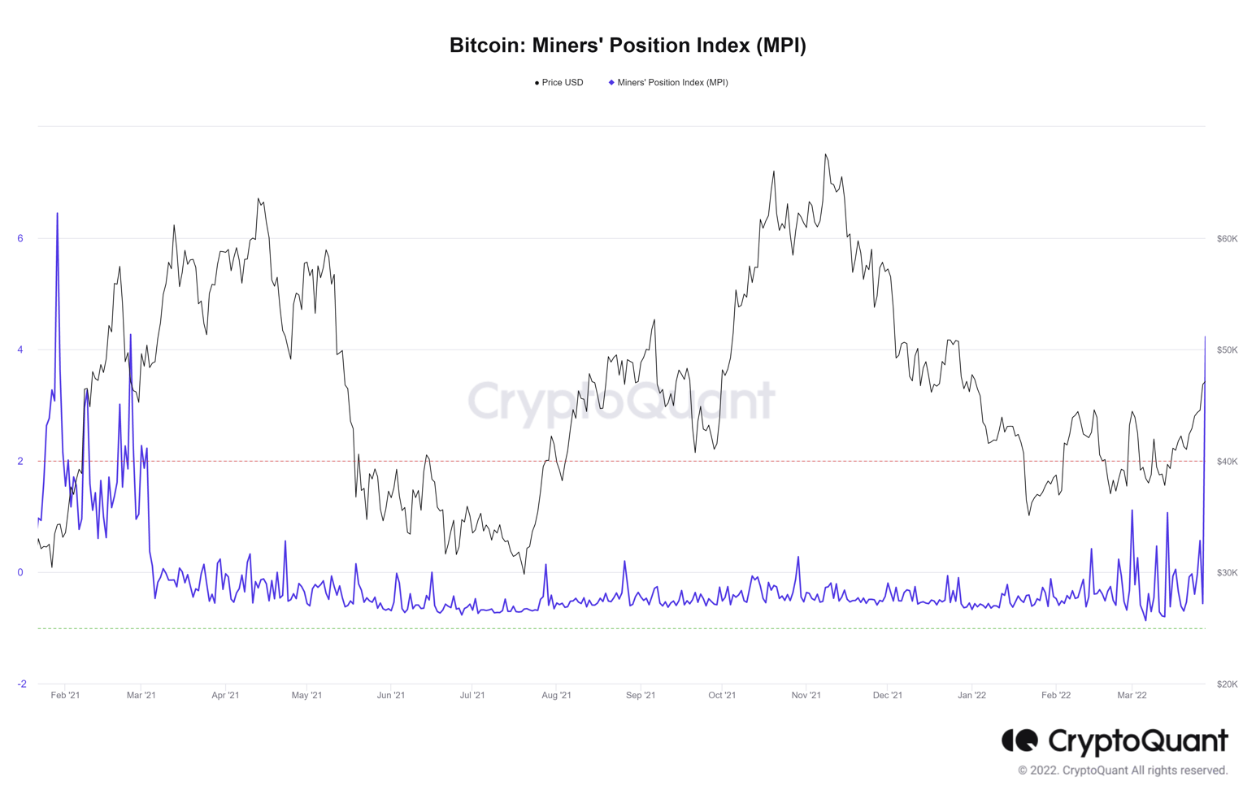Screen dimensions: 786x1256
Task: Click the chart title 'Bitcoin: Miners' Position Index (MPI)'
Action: pos(628,46)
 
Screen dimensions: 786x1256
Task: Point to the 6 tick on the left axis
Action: pos(20,238)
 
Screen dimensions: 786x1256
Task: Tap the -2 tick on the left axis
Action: pos(22,684)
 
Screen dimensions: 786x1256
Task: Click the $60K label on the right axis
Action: pos(1227,239)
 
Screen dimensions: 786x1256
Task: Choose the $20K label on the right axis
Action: pos(1227,684)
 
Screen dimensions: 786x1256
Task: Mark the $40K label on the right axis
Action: pos(1227,462)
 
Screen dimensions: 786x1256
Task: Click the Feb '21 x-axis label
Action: pos(65,695)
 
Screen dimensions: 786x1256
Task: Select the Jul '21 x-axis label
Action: pos(472,695)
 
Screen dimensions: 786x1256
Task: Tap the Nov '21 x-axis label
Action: pos(806,695)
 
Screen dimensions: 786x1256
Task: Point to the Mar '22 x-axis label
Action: pos(1132,695)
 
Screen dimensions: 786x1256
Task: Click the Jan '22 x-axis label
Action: pos(971,695)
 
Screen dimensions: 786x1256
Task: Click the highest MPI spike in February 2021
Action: pos(57,214)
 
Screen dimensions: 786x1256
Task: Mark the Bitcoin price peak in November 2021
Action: pos(825,154)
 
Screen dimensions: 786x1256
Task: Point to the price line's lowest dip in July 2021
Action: pos(524,573)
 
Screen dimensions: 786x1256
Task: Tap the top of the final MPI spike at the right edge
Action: pos(1205,337)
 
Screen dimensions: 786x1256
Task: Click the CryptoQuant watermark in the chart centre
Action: pos(621,400)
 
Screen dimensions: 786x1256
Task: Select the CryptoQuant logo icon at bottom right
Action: pos(1020,740)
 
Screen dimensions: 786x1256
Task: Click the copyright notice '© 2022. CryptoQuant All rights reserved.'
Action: pos(1123,771)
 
